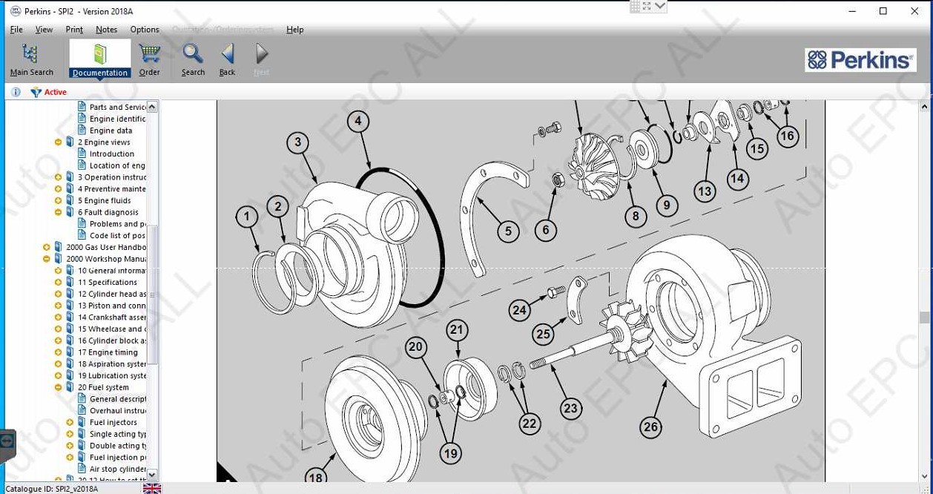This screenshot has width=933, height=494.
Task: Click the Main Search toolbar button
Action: pyautogui.click(x=30, y=59)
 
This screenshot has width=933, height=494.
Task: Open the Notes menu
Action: pyautogui.click(x=106, y=30)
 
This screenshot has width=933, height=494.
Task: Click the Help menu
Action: pyautogui.click(x=295, y=30)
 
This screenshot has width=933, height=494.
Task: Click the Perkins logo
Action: pyautogui.click(x=860, y=60)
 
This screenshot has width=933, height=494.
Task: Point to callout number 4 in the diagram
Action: pyautogui.click(x=358, y=121)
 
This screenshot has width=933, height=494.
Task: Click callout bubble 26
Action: pyautogui.click(x=650, y=427)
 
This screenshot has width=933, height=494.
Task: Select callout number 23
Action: pyautogui.click(x=570, y=408)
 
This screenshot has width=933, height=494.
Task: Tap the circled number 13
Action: pyautogui.click(x=704, y=191)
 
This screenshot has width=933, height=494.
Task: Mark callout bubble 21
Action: pyautogui.click(x=457, y=331)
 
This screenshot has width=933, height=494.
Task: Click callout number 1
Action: pyautogui.click(x=247, y=217)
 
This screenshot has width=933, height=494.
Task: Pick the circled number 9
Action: pyautogui.click(x=666, y=205)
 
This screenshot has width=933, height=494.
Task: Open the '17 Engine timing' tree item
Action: pyautogui.click(x=108, y=352)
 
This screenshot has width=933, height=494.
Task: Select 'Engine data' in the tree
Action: pyautogui.click(x=111, y=131)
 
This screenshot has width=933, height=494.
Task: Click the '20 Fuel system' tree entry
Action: pyautogui.click(x=103, y=387)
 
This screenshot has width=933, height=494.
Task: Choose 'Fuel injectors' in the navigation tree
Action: pyautogui.click(x=113, y=423)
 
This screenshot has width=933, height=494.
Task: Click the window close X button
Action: pyautogui.click(x=914, y=11)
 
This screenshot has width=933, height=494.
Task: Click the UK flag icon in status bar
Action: pyautogui.click(x=152, y=488)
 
